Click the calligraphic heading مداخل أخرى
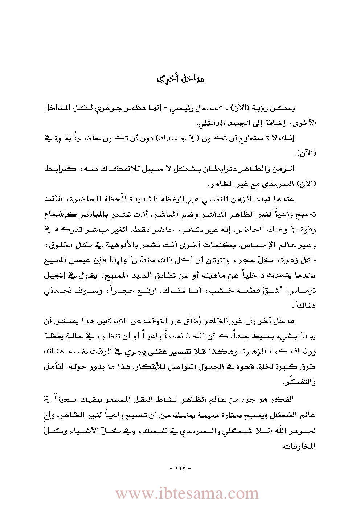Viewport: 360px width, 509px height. click(x=180, y=78)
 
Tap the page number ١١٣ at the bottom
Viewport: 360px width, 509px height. click(x=180, y=468)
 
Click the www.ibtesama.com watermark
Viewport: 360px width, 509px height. click(x=187, y=494)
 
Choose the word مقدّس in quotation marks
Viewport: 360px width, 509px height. click(x=147, y=260)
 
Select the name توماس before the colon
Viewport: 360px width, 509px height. click(x=302, y=291)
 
